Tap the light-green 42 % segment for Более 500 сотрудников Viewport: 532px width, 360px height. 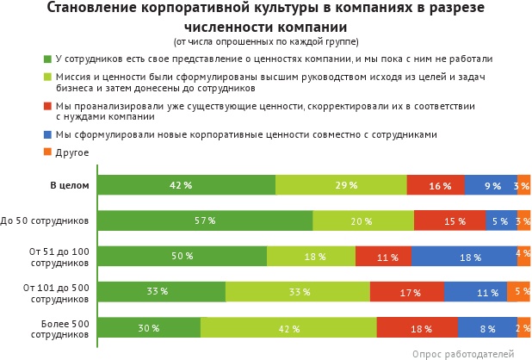click(288, 327)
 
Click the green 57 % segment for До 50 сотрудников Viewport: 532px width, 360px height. click(205, 220)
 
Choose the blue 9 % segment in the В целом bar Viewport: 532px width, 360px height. click(491, 185)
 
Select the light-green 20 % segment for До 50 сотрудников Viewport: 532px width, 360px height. click(363, 220)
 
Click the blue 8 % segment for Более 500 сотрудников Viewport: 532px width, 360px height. click(487, 327)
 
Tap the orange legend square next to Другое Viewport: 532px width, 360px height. click(47, 152)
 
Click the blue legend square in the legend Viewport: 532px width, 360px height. click(47, 135)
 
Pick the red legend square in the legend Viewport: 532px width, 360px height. click(47, 106)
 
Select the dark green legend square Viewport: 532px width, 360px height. click(47, 59)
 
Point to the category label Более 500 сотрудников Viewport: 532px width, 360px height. click(65, 328)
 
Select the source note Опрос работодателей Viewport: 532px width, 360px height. click(462, 353)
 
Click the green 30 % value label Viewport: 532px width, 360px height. click(149, 328)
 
